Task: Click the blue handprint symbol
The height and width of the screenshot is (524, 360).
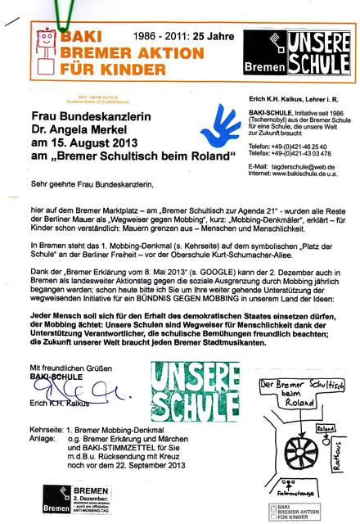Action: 191,128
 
